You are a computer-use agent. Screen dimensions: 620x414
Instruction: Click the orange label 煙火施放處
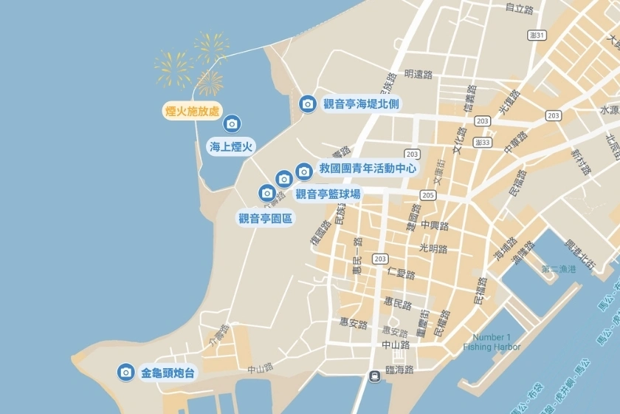(192, 112)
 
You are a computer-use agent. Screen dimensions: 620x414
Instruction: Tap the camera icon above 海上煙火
(231, 123)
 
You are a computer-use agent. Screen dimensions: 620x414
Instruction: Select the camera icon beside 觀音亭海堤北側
(307, 104)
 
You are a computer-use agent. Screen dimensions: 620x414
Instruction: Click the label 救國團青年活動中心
(367, 169)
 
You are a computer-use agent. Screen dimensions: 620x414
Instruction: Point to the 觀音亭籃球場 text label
(328, 194)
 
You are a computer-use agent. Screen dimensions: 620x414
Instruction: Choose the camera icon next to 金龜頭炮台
(126, 372)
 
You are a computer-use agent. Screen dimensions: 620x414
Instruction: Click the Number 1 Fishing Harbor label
(492, 342)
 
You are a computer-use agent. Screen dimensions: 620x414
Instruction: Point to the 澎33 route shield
(483, 142)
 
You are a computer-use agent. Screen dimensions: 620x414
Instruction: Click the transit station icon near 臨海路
(376, 375)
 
